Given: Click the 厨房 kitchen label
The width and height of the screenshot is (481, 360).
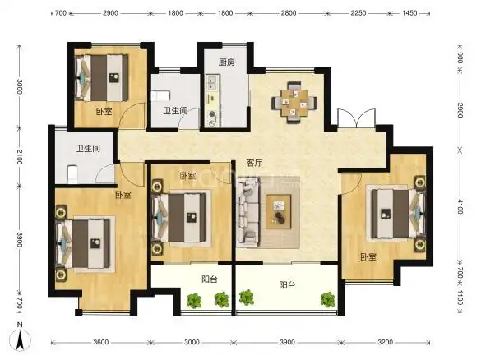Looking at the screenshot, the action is [227, 62].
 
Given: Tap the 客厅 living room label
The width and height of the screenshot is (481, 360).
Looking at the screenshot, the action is [255, 163].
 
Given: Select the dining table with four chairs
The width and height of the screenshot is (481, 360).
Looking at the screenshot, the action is [294, 102].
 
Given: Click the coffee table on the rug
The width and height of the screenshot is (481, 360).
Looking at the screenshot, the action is [278, 211].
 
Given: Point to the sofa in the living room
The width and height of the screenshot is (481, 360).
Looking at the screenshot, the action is [247, 212].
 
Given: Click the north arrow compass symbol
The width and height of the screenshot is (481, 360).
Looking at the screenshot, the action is [20, 340].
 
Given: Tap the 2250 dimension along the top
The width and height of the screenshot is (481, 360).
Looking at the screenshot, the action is [358, 13].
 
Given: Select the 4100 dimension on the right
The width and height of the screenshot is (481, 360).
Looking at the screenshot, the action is [460, 206].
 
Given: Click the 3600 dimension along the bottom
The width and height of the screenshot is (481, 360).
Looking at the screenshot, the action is [100, 342].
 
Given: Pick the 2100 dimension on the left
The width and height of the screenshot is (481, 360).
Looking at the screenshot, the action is [19, 156].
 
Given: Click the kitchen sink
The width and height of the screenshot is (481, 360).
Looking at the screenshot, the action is [211, 83].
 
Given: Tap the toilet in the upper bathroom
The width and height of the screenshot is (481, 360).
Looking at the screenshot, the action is [160, 96].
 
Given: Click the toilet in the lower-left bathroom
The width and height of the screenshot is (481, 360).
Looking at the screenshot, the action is [72, 174].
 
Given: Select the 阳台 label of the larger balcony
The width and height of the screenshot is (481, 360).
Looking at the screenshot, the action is [287, 285].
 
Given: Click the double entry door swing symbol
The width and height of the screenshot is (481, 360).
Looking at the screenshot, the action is [356, 118].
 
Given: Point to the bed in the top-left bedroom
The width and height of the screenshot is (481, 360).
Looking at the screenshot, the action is [101, 78].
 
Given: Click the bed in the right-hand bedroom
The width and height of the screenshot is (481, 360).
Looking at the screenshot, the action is [398, 214].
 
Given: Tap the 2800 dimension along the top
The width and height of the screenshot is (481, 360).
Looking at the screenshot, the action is [289, 13].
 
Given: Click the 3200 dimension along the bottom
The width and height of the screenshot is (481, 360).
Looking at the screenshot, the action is [385, 342].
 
